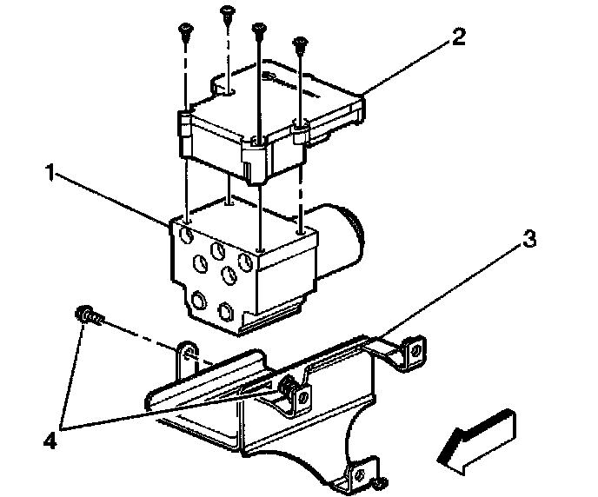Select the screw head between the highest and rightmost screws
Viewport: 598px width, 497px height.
pos(259,30)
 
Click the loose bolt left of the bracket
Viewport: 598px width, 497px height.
pos(88,315)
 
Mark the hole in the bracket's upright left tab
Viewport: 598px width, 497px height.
pos(184,357)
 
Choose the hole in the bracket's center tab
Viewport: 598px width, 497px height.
pos(302,397)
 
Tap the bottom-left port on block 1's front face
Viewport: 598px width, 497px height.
pos(199,302)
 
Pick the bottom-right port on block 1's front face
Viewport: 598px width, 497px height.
pos(228,311)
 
